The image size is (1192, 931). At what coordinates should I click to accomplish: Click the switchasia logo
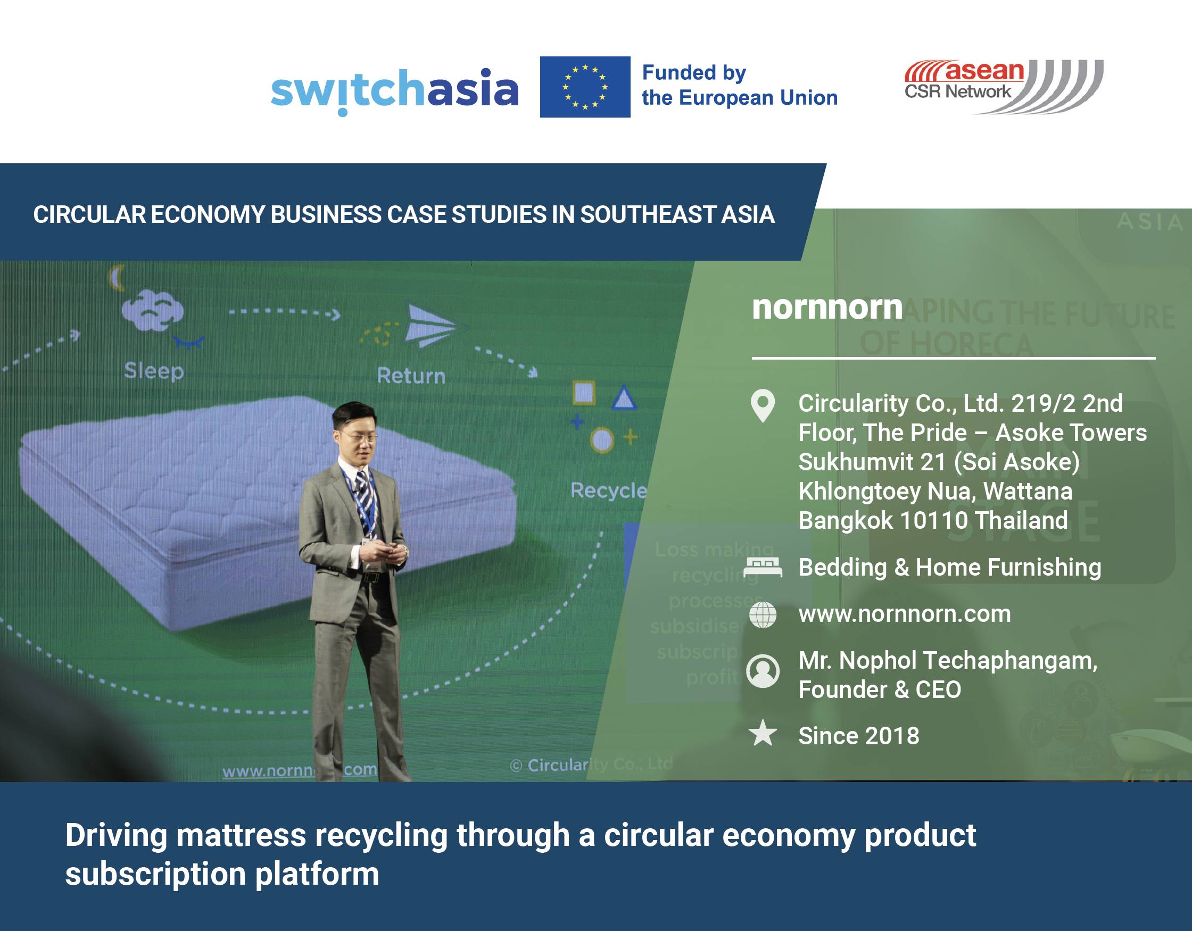394,89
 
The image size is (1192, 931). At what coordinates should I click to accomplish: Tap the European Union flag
584,87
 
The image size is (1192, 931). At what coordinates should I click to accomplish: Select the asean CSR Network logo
1003,86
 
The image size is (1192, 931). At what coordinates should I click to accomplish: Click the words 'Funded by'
694,72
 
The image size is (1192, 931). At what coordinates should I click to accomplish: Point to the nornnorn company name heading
827,307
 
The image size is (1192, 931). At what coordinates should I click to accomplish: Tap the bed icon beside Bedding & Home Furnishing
763,568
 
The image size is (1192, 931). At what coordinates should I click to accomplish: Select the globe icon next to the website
763,614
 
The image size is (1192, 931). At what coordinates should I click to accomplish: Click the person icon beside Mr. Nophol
763,671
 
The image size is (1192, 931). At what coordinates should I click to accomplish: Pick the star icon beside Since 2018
763,734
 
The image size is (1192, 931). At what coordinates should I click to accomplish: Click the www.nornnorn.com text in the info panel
904,614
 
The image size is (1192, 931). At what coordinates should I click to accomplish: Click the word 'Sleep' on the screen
154,371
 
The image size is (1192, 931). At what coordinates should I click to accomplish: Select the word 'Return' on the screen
411,376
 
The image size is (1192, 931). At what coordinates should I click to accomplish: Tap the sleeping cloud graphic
152,311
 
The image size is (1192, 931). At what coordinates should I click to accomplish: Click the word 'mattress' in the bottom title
241,835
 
